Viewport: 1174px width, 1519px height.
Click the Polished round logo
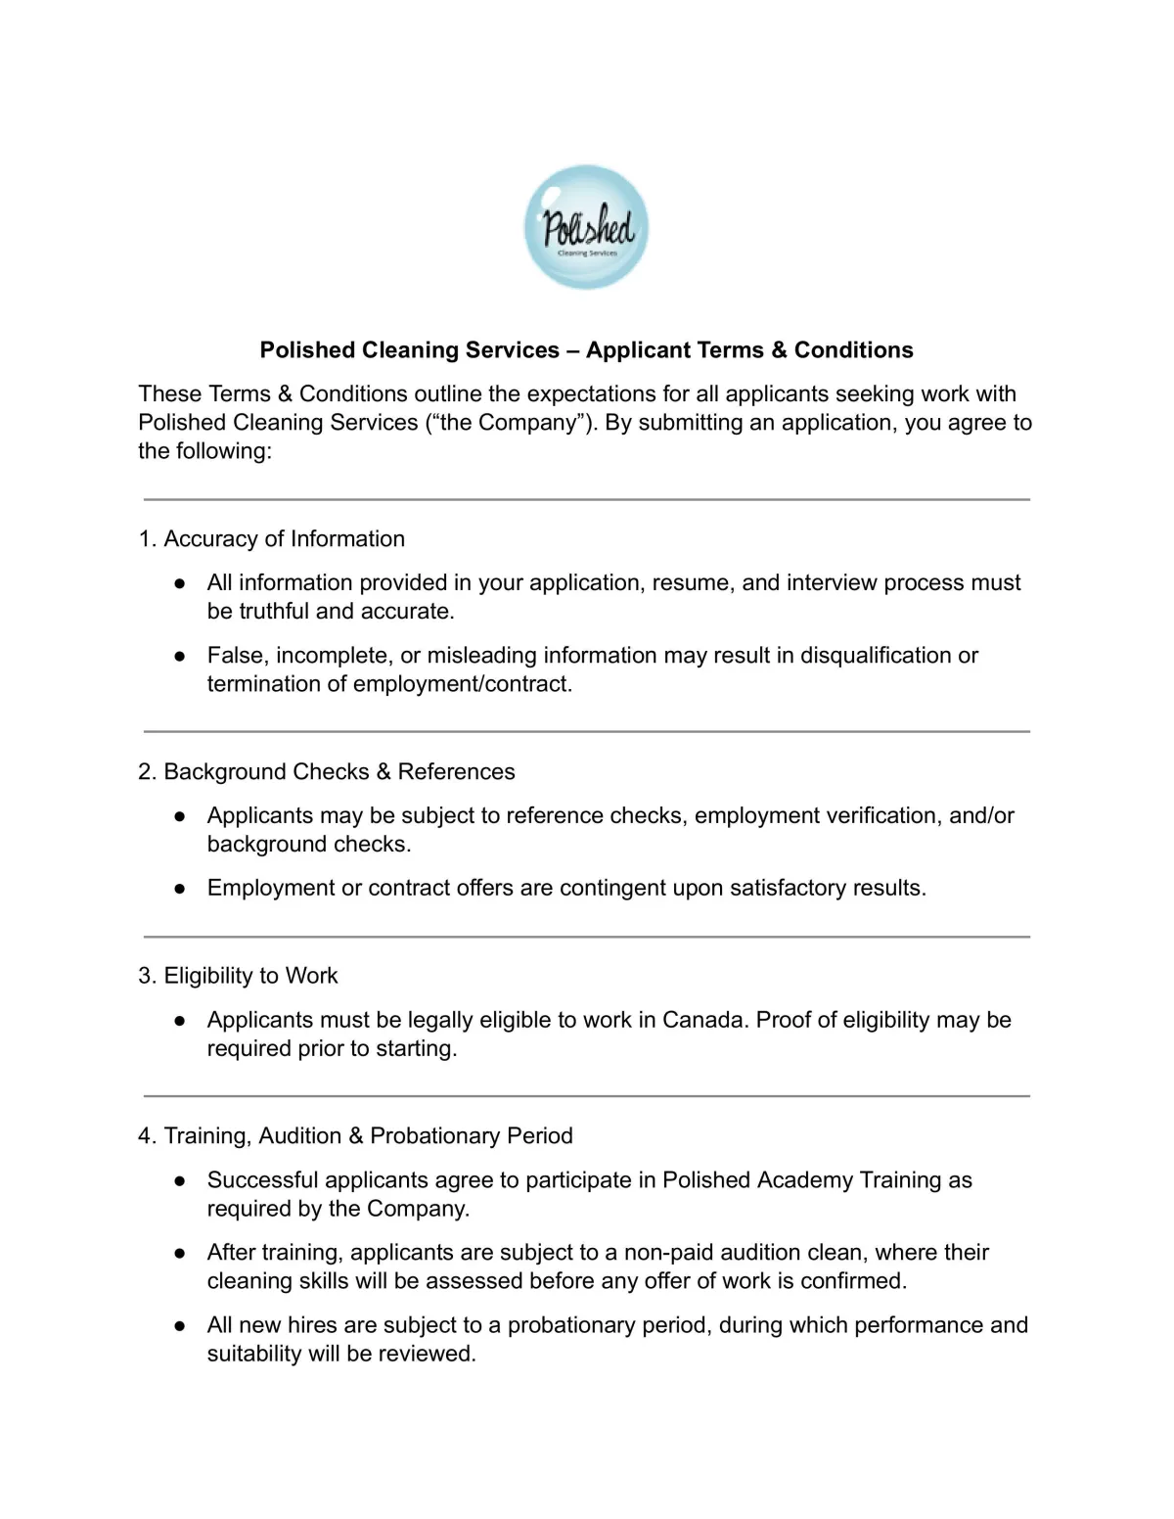click(x=586, y=227)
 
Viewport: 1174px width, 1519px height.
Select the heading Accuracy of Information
click(x=284, y=539)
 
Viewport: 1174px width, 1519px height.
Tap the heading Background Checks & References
click(x=339, y=772)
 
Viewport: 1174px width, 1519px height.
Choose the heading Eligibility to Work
click(x=250, y=976)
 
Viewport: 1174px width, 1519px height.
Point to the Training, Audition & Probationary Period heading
click(x=368, y=1136)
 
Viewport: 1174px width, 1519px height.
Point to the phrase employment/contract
click(x=462, y=684)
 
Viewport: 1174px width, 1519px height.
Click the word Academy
click(x=757, y=1180)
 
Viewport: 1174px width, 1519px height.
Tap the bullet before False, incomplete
click(x=180, y=656)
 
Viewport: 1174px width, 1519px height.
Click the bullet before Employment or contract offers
click(x=180, y=889)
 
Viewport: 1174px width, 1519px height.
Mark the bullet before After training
click(x=180, y=1253)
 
